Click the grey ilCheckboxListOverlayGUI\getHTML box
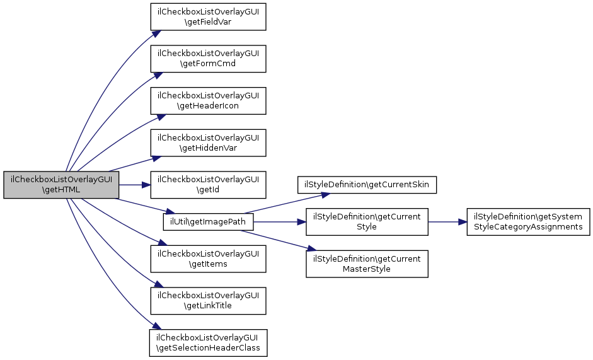click(61, 185)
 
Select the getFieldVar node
click(208, 17)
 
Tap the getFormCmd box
click(208, 59)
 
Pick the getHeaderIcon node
click(208, 101)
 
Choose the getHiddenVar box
click(208, 142)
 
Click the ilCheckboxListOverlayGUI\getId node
click(208, 185)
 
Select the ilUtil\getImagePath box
click(208, 222)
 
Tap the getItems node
click(208, 259)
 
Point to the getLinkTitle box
click(208, 301)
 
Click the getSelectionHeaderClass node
click(208, 342)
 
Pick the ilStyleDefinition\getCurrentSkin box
click(367, 185)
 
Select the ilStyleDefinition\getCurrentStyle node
click(367, 222)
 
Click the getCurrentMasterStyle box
click(367, 264)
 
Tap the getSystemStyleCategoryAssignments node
click(528, 222)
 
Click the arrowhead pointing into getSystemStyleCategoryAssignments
click(463, 222)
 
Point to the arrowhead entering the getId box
click(146, 185)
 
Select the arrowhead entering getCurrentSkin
click(326, 195)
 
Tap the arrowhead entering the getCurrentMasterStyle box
click(311, 249)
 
